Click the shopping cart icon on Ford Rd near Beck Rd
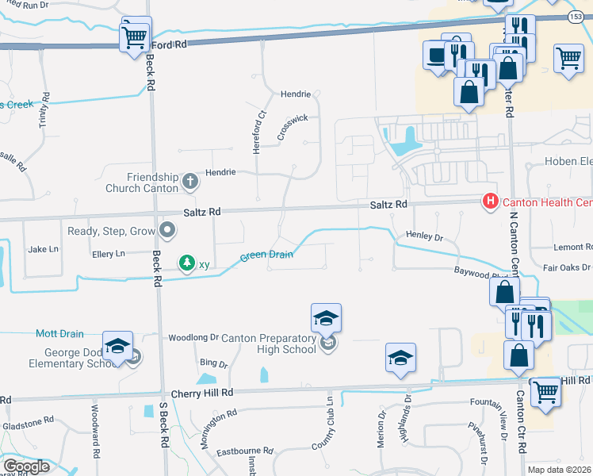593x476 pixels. (x=135, y=36)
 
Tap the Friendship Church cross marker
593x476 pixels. (x=189, y=182)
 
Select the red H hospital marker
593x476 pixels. (x=491, y=202)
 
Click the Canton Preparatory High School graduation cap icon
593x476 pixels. (x=327, y=319)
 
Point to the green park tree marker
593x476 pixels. (x=187, y=262)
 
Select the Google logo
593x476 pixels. (x=26, y=466)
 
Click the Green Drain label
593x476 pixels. (x=266, y=255)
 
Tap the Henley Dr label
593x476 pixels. (x=423, y=236)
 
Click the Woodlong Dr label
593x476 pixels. (x=193, y=337)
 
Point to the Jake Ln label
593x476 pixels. (x=44, y=249)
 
